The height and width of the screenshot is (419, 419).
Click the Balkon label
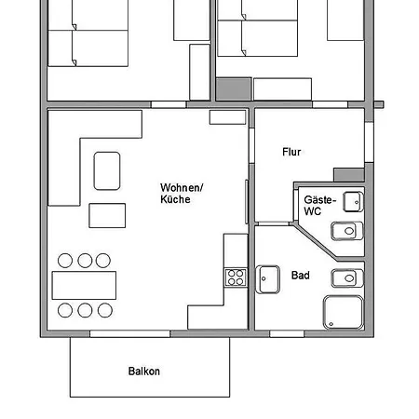[x=144, y=372]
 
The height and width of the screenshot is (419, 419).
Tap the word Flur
[x=291, y=152]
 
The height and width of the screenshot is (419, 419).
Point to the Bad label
[x=301, y=276]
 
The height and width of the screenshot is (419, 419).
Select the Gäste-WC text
[x=320, y=206]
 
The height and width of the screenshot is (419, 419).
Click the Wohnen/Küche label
[x=182, y=194]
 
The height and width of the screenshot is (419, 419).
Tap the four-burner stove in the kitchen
[x=236, y=277]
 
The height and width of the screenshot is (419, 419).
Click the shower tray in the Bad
[x=344, y=312]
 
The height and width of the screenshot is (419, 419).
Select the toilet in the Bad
[x=347, y=278]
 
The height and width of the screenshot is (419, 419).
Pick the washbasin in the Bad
[x=267, y=279]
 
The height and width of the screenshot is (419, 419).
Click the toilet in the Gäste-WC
[x=347, y=231]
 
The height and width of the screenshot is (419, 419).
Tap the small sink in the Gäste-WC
[x=353, y=202]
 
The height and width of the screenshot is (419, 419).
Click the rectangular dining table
[x=84, y=285]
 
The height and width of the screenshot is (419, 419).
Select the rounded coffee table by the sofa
[x=107, y=170]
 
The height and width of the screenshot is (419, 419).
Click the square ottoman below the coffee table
[x=107, y=216]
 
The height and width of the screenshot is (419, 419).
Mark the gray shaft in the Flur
[x=349, y=175]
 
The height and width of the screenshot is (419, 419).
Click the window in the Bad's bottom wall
[x=287, y=333]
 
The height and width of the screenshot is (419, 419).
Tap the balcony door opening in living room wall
[x=130, y=333]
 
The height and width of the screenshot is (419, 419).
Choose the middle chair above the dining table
[x=85, y=261]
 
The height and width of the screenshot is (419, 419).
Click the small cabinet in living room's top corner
[x=227, y=117]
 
